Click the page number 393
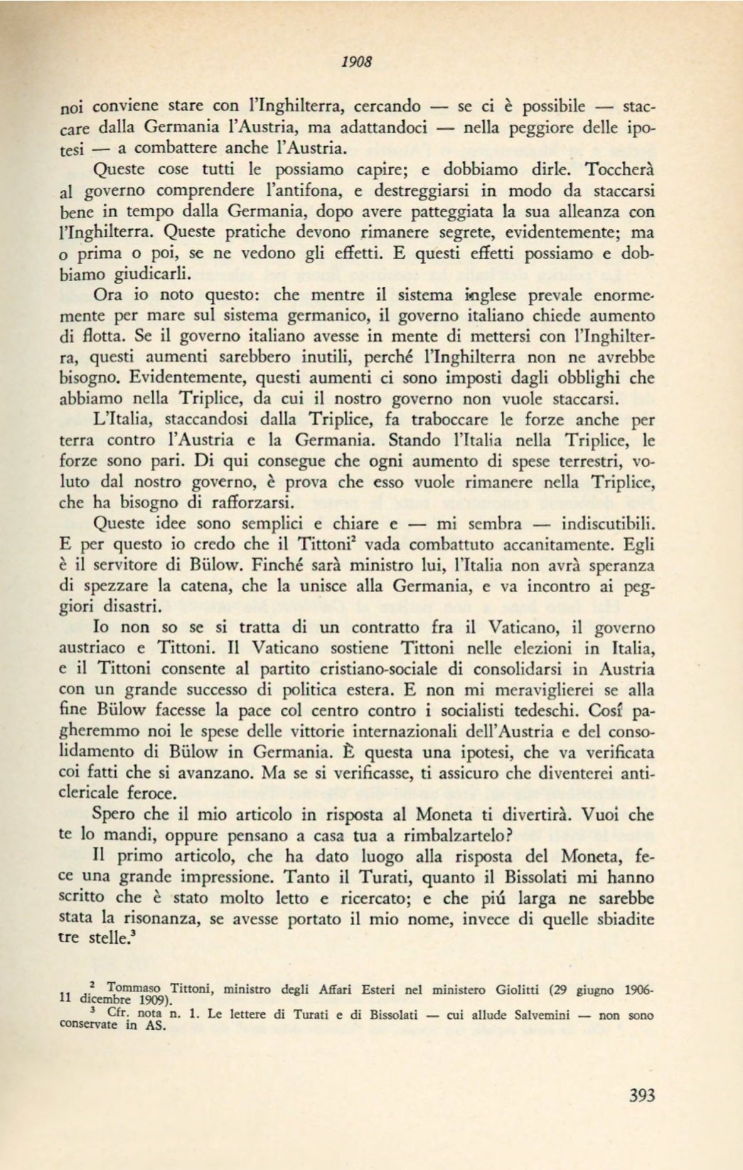pos(641,1095)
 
